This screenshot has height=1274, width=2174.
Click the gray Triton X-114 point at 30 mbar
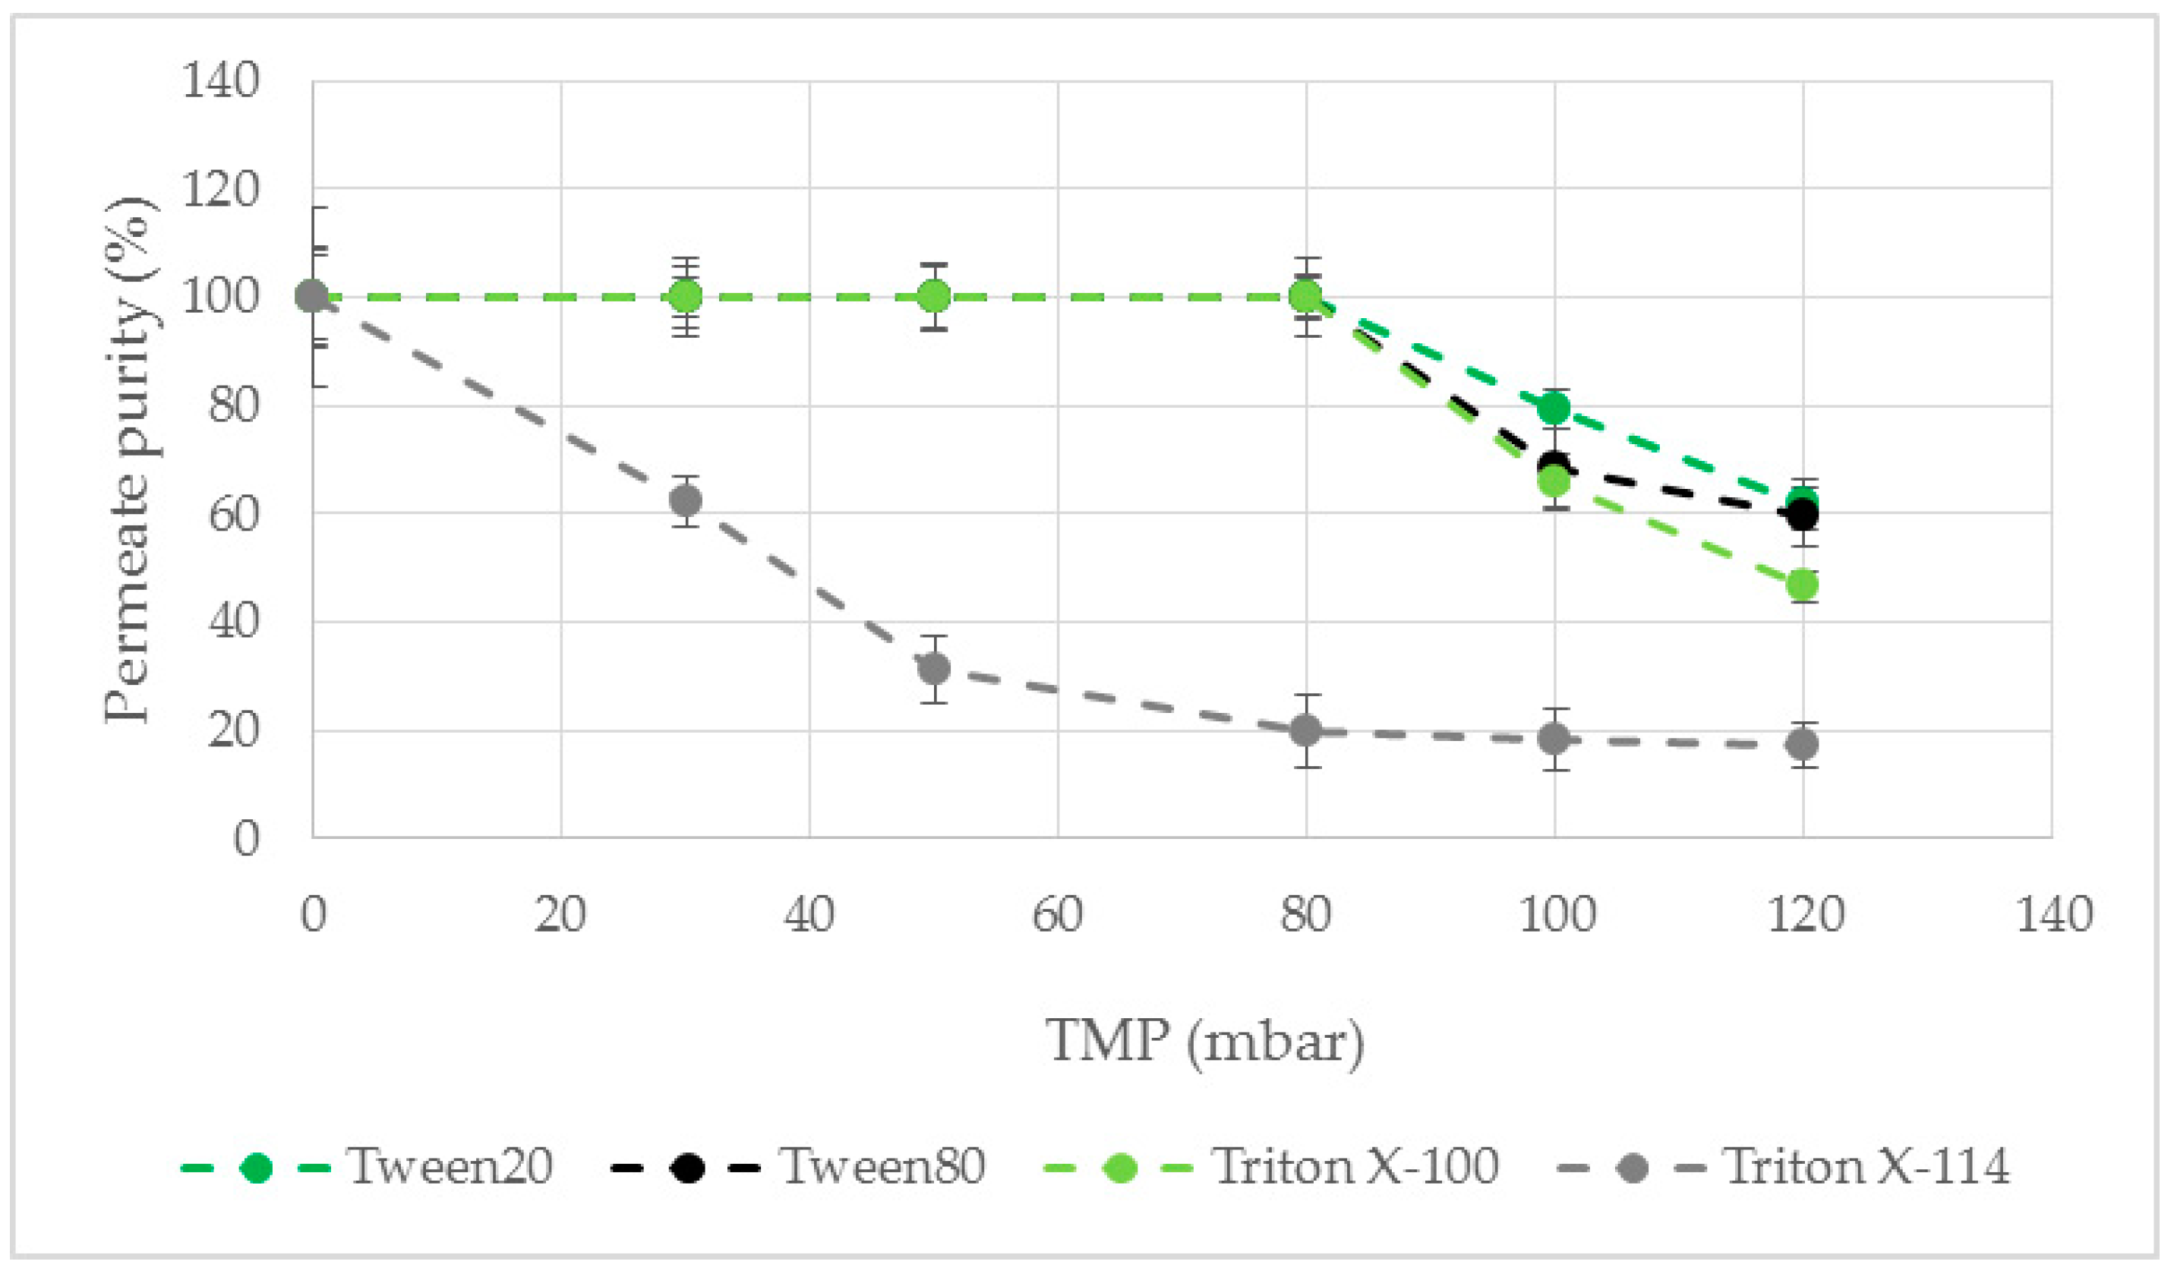point(686,501)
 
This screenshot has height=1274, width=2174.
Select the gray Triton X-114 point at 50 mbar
point(934,668)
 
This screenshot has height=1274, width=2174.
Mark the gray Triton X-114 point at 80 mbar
point(1306,731)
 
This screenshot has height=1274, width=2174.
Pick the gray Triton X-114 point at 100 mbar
point(1554,738)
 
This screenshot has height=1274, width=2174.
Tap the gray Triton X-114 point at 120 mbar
point(1803,743)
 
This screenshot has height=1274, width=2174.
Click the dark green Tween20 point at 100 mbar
point(1554,407)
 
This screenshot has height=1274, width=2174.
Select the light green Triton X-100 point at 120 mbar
point(1803,585)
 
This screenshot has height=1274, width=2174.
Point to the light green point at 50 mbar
point(934,297)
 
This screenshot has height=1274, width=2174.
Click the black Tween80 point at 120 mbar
point(1803,516)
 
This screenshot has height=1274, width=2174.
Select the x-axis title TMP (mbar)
point(1205,1041)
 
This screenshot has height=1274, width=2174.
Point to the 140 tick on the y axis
point(221,82)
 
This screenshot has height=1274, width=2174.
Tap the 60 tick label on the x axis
point(1058,915)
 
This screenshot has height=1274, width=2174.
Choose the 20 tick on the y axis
point(233,730)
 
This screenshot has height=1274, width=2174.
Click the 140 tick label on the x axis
point(2053,915)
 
